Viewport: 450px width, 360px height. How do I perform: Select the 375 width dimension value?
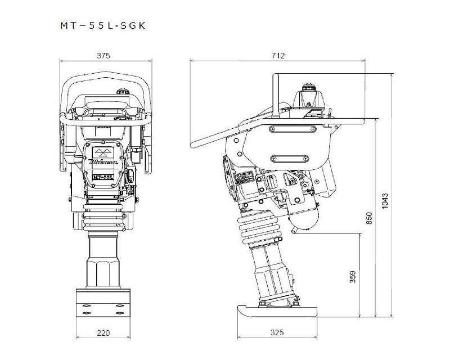pyautogui.click(x=102, y=55)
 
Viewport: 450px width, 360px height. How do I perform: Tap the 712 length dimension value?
pyautogui.click(x=278, y=55)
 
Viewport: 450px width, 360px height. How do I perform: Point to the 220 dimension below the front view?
pyautogui.click(x=103, y=332)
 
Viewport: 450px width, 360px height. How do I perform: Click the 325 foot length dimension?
pyautogui.click(x=276, y=332)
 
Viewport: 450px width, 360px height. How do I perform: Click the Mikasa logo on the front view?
pyautogui.click(x=103, y=160)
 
